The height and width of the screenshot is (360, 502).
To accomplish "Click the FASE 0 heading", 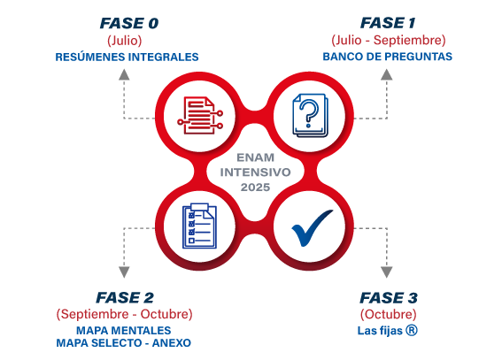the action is click(x=129, y=23).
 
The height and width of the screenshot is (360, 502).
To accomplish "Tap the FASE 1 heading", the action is click(x=388, y=23).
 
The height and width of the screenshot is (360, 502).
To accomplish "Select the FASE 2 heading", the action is click(x=125, y=298).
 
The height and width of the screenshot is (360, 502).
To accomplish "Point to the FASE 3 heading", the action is click(x=389, y=298).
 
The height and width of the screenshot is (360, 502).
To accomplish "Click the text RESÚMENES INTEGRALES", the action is click(x=127, y=57).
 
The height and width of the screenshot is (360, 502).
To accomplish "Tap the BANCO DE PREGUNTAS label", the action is click(x=388, y=57).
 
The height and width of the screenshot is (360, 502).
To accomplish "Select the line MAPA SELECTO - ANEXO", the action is click(x=124, y=343).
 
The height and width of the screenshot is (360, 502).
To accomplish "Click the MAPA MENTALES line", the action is click(x=124, y=330).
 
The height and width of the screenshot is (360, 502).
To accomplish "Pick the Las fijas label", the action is click(x=380, y=331).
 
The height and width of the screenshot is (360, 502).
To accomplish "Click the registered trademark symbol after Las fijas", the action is click(x=412, y=330).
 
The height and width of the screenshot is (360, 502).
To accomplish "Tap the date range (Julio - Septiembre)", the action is click(x=389, y=41).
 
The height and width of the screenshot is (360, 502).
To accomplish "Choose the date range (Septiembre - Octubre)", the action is click(x=125, y=314).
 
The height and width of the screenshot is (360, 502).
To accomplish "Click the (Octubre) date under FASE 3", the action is click(x=389, y=314).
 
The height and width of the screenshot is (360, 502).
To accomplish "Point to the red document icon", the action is click(x=200, y=115).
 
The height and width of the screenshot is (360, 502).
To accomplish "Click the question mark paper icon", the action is click(x=310, y=115).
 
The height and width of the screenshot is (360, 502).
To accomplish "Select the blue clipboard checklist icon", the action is click(x=199, y=226).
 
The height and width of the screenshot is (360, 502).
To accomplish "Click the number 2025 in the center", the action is click(x=255, y=188).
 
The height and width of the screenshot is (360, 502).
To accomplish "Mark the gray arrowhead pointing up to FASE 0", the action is click(x=124, y=74).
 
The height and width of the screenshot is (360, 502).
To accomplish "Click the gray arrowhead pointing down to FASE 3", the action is click(x=387, y=272).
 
